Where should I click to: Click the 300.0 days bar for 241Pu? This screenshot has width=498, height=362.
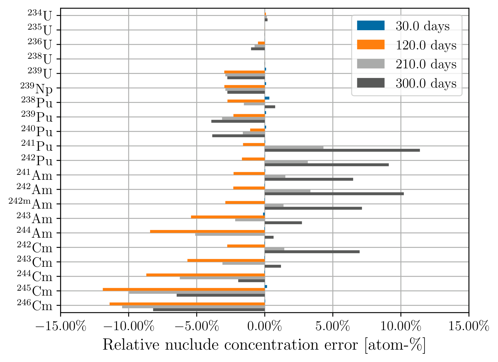pyautogui.click(x=342, y=150)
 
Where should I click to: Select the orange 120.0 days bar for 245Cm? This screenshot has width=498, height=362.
pyautogui.click(x=184, y=289)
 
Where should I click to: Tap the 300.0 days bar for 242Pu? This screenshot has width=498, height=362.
pyautogui.click(x=327, y=165)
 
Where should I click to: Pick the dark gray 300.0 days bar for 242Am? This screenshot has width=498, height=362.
pyautogui.click(x=334, y=194)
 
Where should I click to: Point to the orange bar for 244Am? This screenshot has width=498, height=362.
pyautogui.click(x=207, y=231)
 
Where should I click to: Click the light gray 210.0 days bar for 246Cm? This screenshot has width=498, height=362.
pyautogui.click(x=193, y=307)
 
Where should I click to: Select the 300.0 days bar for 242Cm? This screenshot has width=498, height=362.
pyautogui.click(x=312, y=252)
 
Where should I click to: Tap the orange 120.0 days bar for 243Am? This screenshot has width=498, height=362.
pyautogui.click(x=228, y=217)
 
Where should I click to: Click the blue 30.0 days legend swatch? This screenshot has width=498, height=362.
pyautogui.click(x=370, y=26)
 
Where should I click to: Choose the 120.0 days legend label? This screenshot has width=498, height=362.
pyautogui.click(x=426, y=45)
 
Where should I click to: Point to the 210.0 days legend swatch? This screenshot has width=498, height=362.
pyautogui.click(x=370, y=64)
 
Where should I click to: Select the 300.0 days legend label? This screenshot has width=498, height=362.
pyautogui.click(x=426, y=83)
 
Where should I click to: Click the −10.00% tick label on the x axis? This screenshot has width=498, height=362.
pyautogui.click(x=129, y=326)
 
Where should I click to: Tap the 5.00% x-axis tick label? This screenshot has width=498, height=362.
pyautogui.click(x=333, y=326)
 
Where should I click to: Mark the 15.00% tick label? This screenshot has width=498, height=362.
pyautogui.click(x=469, y=326)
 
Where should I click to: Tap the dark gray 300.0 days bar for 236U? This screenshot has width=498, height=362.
pyautogui.click(x=258, y=49)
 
